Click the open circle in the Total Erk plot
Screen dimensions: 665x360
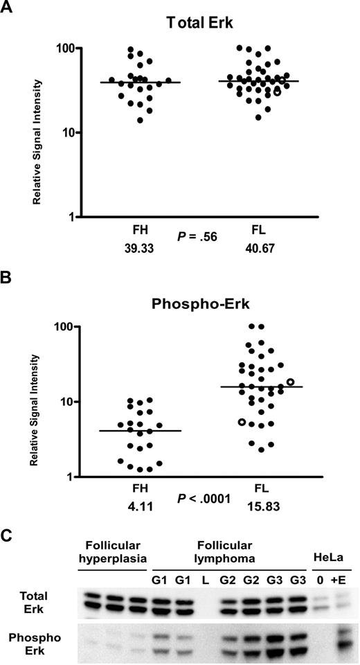[x=278, y=91]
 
